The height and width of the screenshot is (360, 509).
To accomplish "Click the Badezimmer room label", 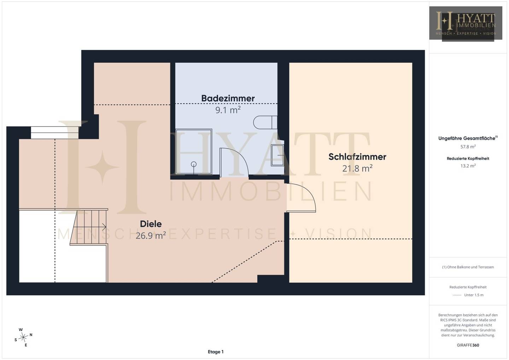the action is coord(228,98).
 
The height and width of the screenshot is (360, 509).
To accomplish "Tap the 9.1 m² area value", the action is coord(228,110).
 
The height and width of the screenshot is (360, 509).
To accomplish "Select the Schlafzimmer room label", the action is coord(357,157).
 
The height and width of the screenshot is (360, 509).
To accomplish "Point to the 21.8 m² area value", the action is coord(357,168).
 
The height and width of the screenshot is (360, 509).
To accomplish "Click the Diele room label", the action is coord(151,224).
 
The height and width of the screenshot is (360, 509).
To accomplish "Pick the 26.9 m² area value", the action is coord(151,236).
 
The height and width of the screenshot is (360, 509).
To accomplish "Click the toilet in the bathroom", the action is coord(265,122).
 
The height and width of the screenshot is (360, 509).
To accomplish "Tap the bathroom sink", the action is coord(277,155).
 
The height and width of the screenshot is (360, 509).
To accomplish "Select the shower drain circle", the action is coord(194,164).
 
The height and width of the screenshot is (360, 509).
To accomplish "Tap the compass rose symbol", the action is coord(23,337).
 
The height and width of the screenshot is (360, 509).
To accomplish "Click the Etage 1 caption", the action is coord(216,352).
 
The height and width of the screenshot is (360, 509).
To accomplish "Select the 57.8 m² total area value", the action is coord(468,147).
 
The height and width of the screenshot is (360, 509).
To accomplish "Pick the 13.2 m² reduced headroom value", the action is coord(468,166).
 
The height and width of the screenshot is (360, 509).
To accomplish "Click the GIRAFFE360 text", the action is coord(468,345).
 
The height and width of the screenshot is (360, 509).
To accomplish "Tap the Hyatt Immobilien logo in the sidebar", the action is coord(466,23).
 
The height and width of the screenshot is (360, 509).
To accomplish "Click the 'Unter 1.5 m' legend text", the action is coord(474,295).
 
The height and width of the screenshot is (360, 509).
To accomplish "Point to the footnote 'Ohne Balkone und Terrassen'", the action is coord(468,267).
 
